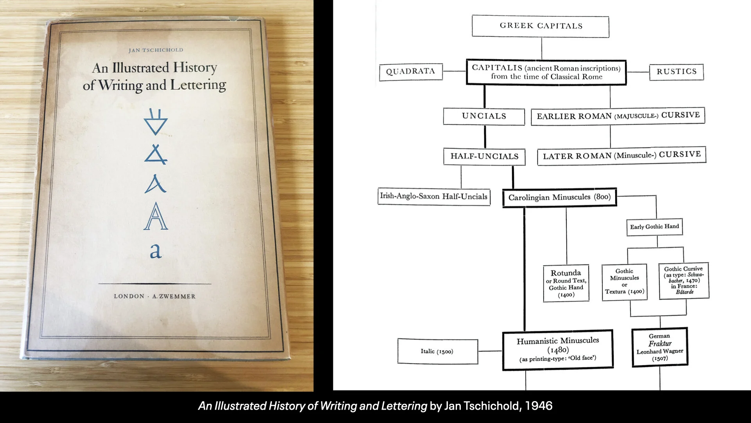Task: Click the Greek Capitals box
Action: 540,26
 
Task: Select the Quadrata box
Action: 411,72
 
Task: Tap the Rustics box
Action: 676,72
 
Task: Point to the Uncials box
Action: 484,116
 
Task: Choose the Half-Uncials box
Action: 484,157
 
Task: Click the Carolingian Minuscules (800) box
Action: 559,197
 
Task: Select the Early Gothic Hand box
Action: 654,227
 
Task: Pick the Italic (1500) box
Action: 437,351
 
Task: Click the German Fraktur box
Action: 660,347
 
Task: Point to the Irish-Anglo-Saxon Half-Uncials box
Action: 434,196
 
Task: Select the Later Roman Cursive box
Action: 622,155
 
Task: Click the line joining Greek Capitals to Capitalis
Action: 542,49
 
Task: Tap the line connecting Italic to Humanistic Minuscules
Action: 490,351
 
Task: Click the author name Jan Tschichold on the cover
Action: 156,50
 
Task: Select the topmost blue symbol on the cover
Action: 155,122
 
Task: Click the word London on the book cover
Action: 129,296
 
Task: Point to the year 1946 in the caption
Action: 539,406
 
